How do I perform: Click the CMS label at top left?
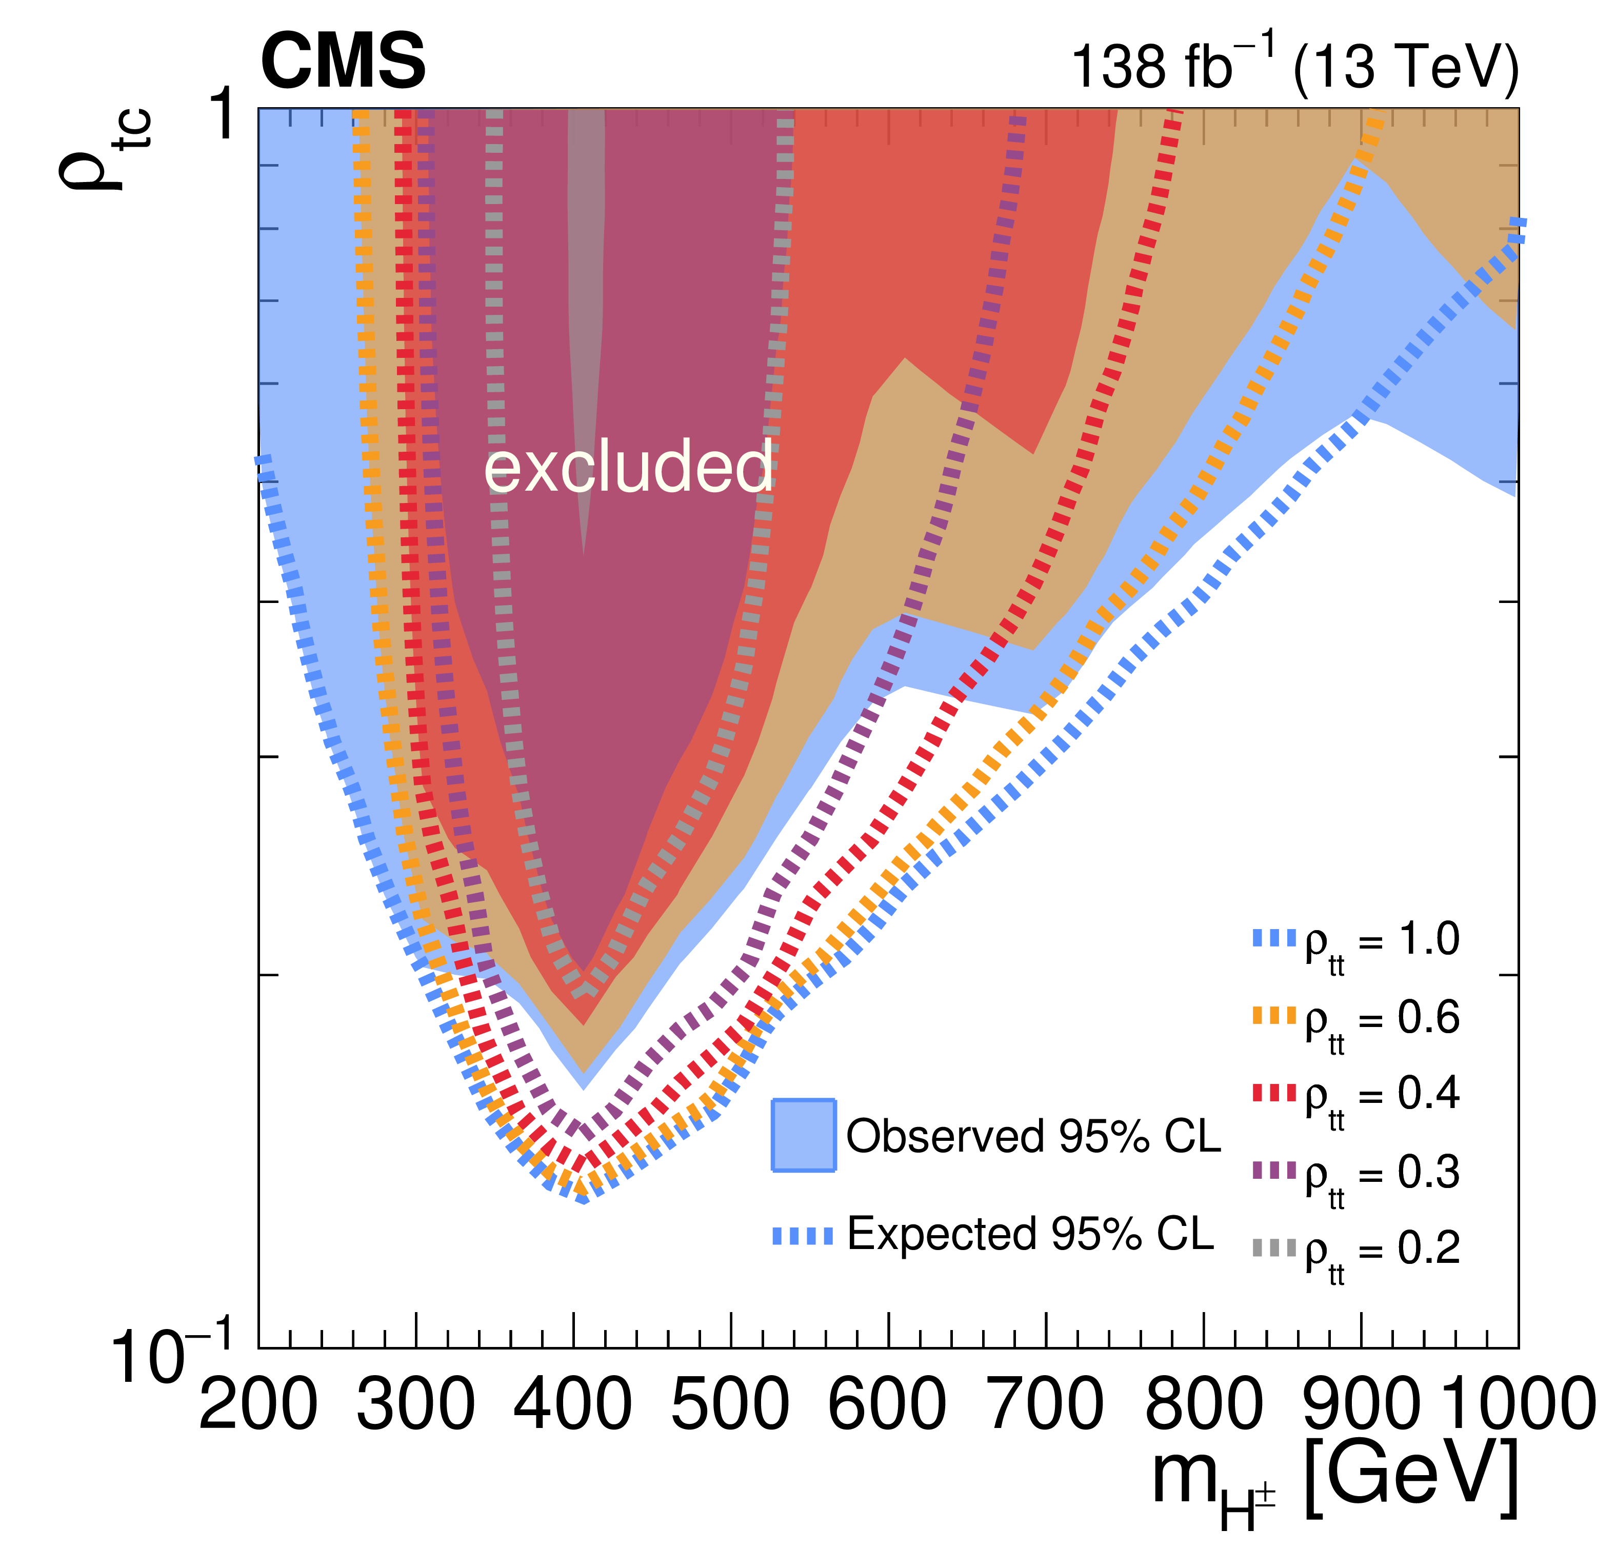pyautogui.click(x=343, y=62)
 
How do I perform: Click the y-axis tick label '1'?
pyautogui.click(x=224, y=115)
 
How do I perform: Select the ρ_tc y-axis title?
pyautogui.click(x=103, y=148)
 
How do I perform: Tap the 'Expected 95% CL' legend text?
pyautogui.click(x=1031, y=1234)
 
